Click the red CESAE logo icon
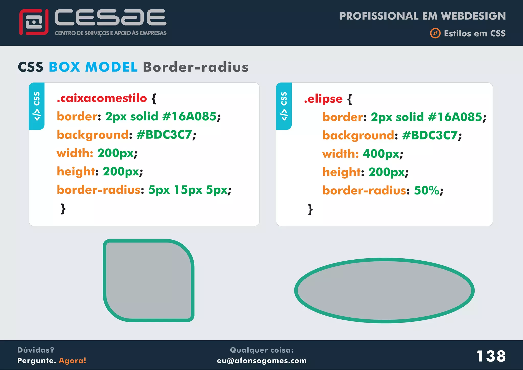[x=34, y=22]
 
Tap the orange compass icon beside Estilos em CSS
[x=435, y=33]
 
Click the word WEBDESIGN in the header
[x=473, y=16]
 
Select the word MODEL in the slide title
[x=111, y=67]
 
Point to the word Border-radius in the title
[x=196, y=67]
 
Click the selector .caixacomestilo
[x=102, y=98]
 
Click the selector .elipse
[x=323, y=99]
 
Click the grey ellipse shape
[x=384, y=291]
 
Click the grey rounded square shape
[x=148, y=281]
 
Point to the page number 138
[x=491, y=356]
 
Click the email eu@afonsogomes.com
[x=261, y=361]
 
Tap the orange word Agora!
[x=73, y=361]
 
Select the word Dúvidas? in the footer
[x=36, y=350]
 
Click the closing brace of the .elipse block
[x=310, y=210]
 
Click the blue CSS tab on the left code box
[x=37, y=106]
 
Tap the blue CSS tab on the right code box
[x=284, y=106]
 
